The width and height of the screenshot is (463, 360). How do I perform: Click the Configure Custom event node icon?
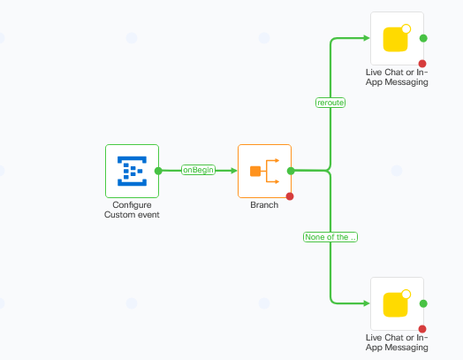click(132, 171)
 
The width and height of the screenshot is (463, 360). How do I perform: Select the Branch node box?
click(264, 171)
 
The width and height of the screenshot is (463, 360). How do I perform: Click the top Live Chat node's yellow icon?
click(397, 39)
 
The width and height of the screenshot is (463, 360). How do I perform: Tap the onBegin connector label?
click(199, 170)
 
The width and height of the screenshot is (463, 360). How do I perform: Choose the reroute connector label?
click(330, 103)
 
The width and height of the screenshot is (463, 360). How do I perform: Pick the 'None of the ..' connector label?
click(330, 237)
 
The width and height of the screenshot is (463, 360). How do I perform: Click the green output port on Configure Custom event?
click(158, 171)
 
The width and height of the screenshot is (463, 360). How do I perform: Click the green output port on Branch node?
click(291, 171)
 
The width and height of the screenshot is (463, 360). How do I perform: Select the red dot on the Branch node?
click(290, 196)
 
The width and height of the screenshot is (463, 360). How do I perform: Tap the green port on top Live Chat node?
click(423, 39)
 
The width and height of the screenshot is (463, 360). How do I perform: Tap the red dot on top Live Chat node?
click(422, 64)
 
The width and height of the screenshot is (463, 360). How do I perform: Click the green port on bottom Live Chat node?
click(423, 303)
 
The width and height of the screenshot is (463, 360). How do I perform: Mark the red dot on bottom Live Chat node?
click(422, 328)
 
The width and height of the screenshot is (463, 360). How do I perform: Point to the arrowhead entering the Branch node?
click(233, 171)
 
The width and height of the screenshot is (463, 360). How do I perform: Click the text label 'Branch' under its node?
click(264, 205)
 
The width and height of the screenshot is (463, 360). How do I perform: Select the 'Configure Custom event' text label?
click(132, 210)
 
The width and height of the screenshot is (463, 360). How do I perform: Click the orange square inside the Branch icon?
click(255, 171)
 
